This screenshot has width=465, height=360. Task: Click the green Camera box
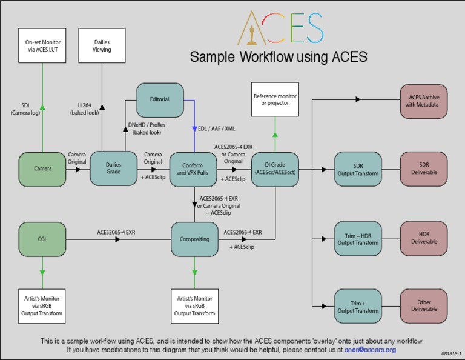click(42, 168)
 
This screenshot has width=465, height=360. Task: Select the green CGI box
click(42, 239)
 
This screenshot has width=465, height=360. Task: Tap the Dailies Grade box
click(113, 168)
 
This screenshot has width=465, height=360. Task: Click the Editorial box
click(159, 99)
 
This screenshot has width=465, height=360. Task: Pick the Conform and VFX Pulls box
click(194, 168)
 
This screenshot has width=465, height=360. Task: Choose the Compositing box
click(194, 239)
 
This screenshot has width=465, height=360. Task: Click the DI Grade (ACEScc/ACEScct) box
click(275, 168)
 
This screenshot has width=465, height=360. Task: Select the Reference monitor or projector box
click(275, 100)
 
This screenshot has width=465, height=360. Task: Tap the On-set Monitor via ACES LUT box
click(42, 45)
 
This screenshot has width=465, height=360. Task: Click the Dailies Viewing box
click(102, 45)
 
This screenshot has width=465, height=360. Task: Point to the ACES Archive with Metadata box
click(424, 100)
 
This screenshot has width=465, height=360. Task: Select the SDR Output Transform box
click(358, 169)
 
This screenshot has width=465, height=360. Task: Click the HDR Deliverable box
click(424, 238)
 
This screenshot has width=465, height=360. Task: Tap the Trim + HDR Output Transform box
click(358, 238)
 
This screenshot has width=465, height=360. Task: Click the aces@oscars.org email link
click(370, 350)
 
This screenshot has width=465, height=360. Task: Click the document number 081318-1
click(451, 353)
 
